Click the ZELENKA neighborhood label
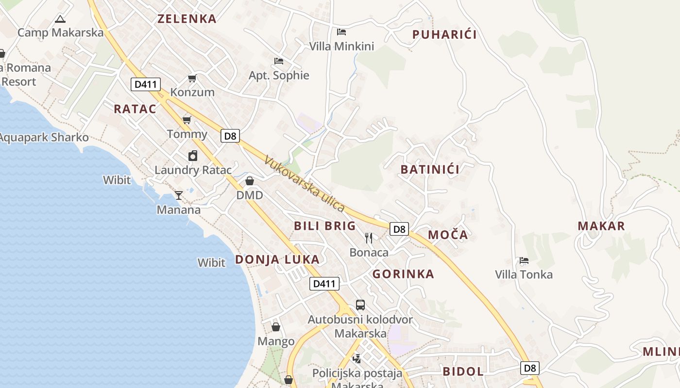click(187, 19)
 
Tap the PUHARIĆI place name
click(444, 34)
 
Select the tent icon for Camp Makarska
click(60, 19)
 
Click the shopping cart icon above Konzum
click(192, 78)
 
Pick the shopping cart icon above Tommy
click(187, 120)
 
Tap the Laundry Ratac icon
click(193, 156)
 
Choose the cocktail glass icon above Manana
click(179, 195)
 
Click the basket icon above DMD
click(250, 181)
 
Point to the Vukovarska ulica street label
click(305, 184)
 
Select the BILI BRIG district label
click(325, 226)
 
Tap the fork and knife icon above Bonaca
click(369, 238)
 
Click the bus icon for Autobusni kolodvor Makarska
click(360, 305)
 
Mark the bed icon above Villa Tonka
click(524, 260)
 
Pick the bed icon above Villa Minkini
click(341, 32)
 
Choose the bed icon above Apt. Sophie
click(279, 61)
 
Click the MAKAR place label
click(601, 226)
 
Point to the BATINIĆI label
click(430, 169)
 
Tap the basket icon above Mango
click(276, 327)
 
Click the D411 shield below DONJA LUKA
click(324, 284)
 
